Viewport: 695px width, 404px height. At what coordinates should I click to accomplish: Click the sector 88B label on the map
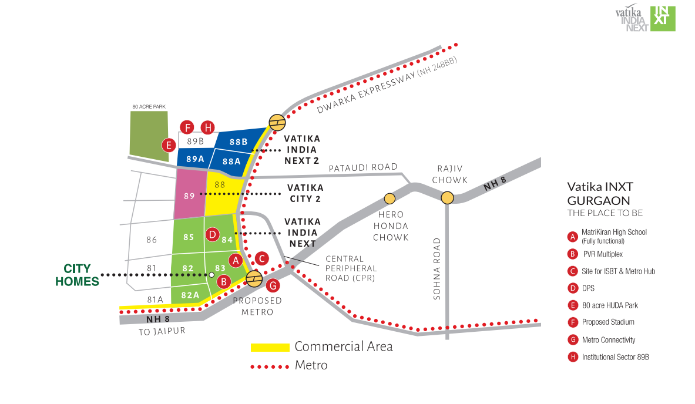click(x=239, y=142)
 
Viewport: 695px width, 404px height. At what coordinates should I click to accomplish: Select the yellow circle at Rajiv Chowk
click(x=447, y=197)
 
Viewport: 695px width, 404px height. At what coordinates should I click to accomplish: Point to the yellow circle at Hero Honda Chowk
click(x=390, y=198)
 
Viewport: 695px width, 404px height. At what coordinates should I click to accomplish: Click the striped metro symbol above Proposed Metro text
click(x=254, y=279)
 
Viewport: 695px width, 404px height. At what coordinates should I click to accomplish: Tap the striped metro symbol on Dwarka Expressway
click(x=277, y=122)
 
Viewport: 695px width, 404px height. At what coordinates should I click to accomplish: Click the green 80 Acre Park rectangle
click(x=149, y=136)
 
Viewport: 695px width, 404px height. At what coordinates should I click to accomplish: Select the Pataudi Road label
click(x=363, y=167)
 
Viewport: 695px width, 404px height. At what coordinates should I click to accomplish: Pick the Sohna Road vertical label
click(x=437, y=269)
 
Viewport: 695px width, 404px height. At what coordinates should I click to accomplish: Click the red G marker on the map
click(x=273, y=286)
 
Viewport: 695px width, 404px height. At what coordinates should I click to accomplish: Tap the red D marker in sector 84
click(x=212, y=234)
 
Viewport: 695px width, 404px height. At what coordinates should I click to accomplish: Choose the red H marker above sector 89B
click(x=207, y=127)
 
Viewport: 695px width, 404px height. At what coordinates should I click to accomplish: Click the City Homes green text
click(x=77, y=275)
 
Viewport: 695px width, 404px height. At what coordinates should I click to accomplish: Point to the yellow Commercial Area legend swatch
click(x=270, y=347)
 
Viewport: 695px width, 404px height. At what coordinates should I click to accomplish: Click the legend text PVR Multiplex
click(x=603, y=254)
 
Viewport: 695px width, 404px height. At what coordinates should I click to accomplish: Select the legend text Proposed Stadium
click(x=608, y=322)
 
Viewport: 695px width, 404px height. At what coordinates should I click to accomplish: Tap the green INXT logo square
click(x=663, y=19)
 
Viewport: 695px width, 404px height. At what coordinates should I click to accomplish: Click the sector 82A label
click(x=190, y=295)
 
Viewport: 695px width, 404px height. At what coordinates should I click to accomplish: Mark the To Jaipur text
click(x=162, y=331)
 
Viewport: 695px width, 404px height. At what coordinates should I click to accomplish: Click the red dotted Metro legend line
click(x=270, y=367)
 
